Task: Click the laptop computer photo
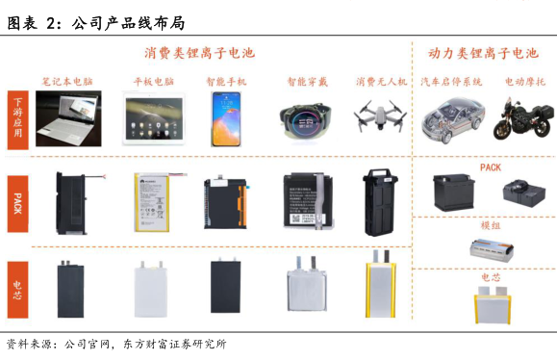68,118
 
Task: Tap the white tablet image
154,118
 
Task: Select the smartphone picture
226,119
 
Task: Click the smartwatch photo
306,121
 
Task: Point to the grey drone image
380,115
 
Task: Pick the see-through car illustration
452,120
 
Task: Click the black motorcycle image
523,119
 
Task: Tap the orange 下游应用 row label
17,120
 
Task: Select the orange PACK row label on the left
17,204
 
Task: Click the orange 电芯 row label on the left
17,290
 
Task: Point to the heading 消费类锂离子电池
200,53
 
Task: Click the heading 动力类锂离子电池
484,53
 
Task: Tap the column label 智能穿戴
307,82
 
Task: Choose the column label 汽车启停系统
451,82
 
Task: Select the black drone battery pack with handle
380,202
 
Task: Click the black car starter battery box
454,192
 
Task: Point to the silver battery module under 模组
492,249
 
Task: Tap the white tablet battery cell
151,289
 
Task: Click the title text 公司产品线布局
129,23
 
